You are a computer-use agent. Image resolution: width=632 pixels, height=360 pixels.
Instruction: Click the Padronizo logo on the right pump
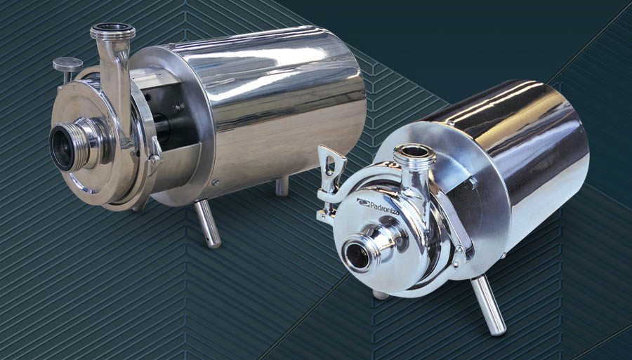click(x=377, y=206)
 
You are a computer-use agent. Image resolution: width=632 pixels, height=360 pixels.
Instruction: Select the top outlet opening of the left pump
click(x=112, y=29)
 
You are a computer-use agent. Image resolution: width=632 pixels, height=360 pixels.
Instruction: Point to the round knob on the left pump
click(x=67, y=64)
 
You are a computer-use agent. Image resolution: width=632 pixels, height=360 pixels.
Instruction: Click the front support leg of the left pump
click(x=208, y=223)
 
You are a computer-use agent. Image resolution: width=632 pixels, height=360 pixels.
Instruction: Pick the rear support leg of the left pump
click(x=282, y=186)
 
